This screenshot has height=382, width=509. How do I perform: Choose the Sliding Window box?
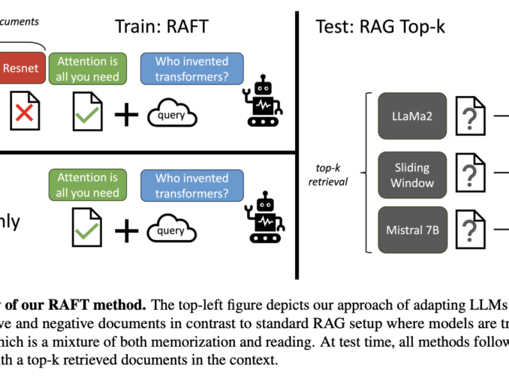[412, 173]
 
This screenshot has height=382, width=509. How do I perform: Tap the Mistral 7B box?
[412, 229]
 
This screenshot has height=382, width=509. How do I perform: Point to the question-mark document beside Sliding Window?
[470, 173]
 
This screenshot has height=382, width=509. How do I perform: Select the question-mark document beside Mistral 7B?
[470, 229]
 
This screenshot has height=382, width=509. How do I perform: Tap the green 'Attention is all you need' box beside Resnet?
[89, 68]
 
